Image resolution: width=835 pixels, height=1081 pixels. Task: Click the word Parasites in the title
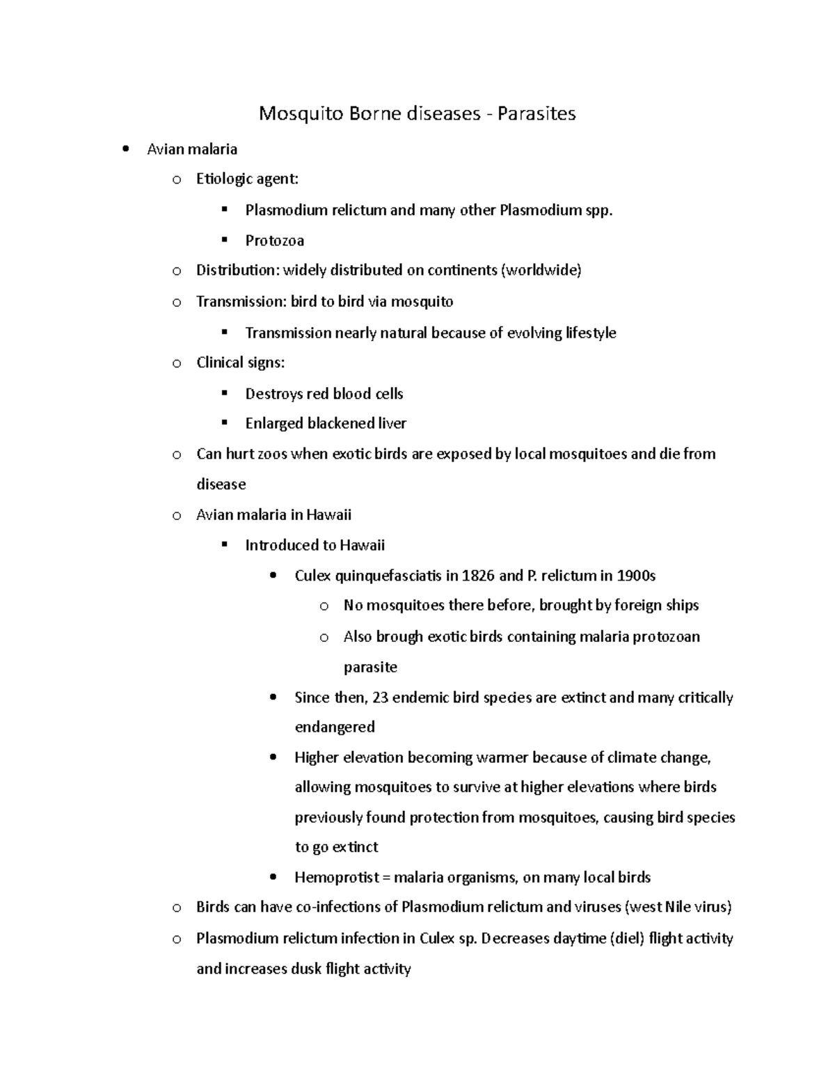536,113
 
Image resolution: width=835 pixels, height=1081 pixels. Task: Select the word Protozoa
274,241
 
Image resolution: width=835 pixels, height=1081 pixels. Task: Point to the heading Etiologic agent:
247,179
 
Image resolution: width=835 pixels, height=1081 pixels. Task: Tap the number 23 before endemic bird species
380,697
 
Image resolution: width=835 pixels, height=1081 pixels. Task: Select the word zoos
272,454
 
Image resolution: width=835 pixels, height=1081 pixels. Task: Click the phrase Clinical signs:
240,363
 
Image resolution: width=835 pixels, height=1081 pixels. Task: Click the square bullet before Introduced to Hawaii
224,545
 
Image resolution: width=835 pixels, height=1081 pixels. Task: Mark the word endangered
335,727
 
